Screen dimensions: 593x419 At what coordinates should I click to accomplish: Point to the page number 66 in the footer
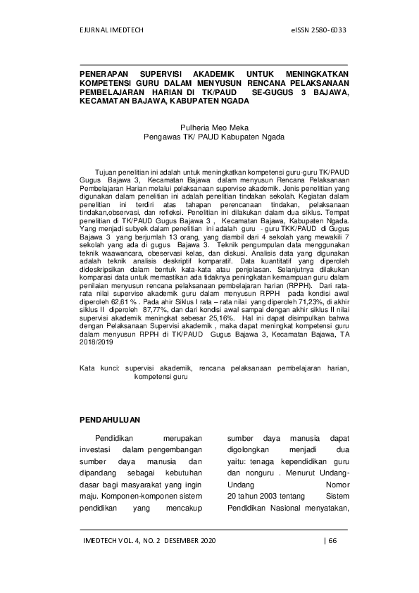point(333,540)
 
